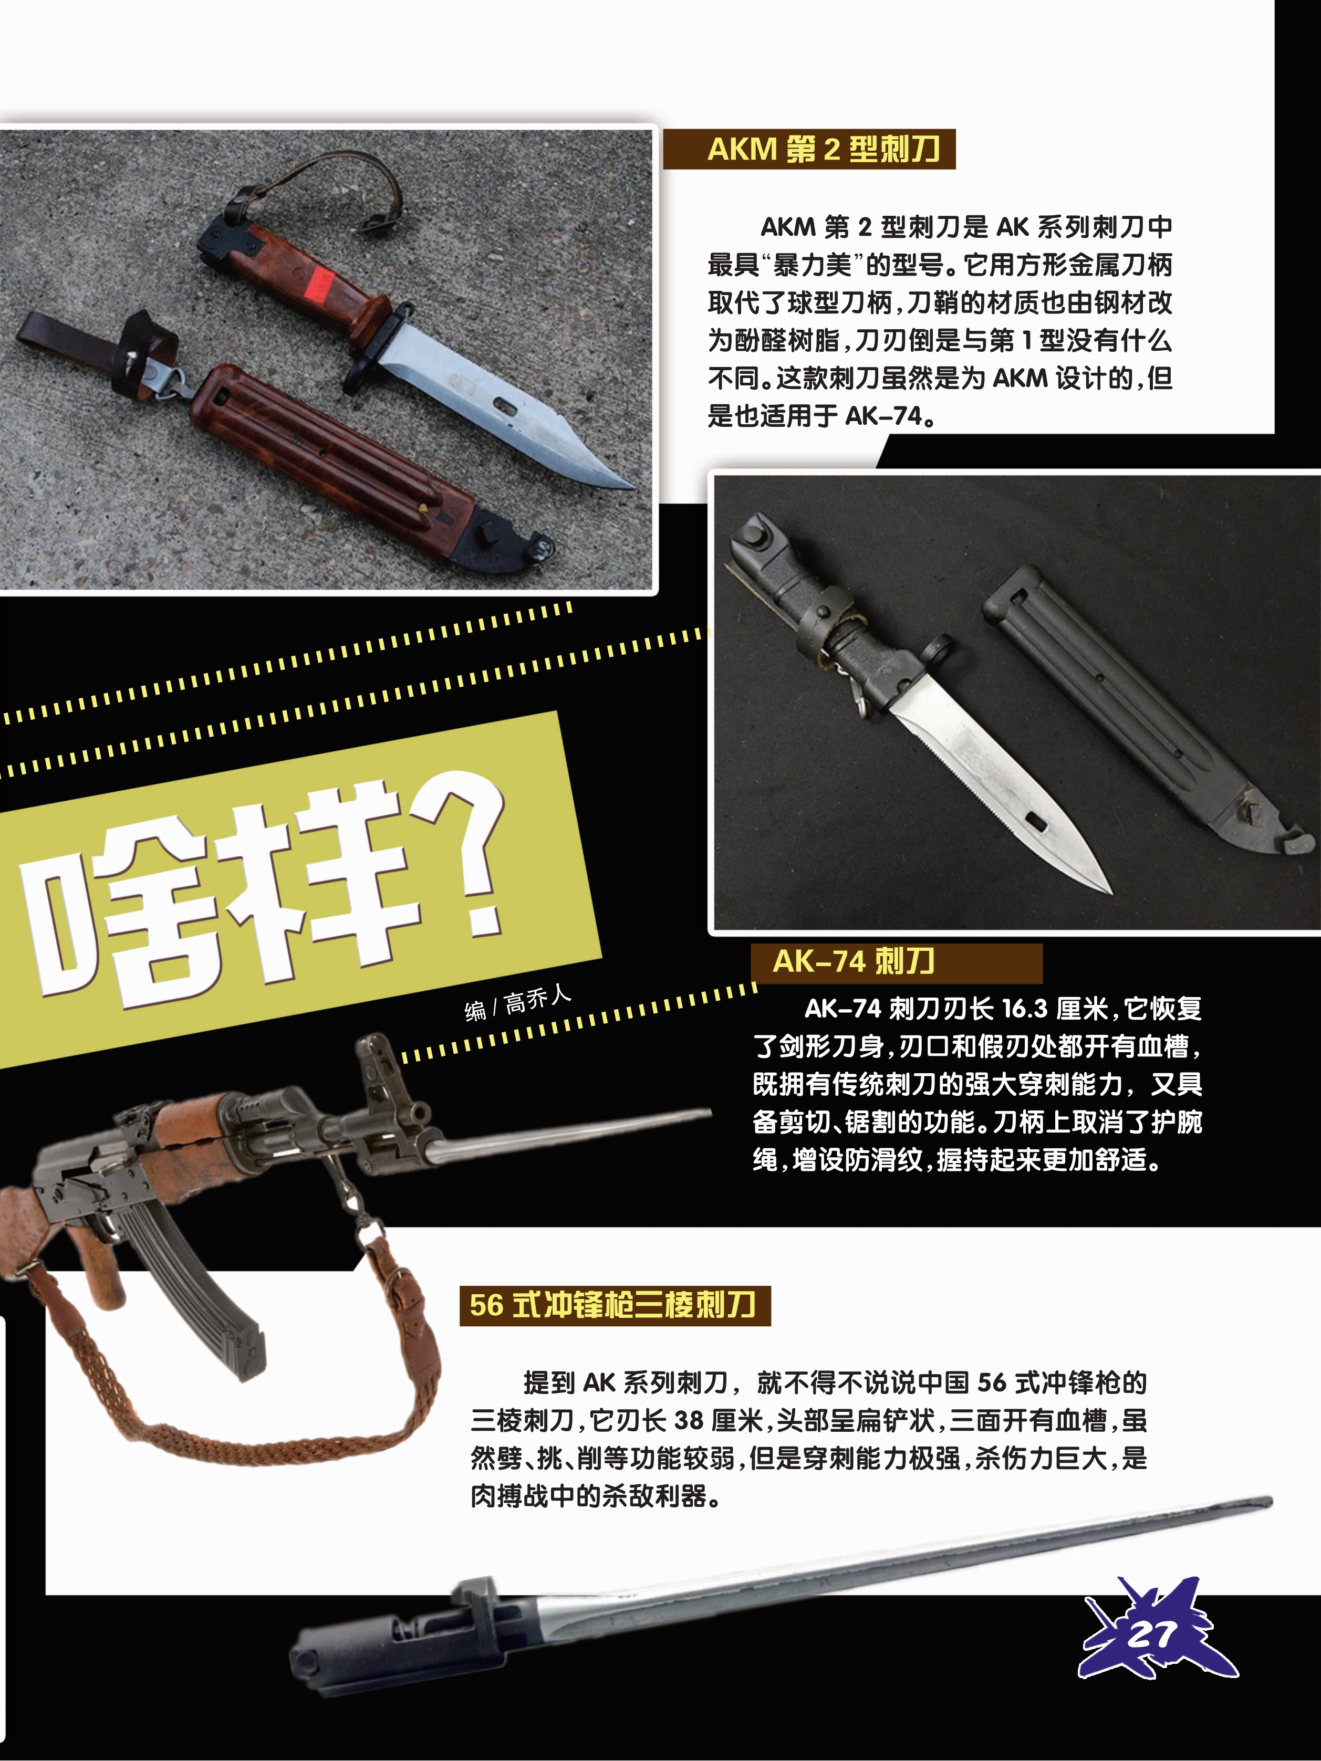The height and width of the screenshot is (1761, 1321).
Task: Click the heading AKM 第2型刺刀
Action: [x=824, y=149]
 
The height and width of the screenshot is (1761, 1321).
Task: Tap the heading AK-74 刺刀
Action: [x=853, y=962]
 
